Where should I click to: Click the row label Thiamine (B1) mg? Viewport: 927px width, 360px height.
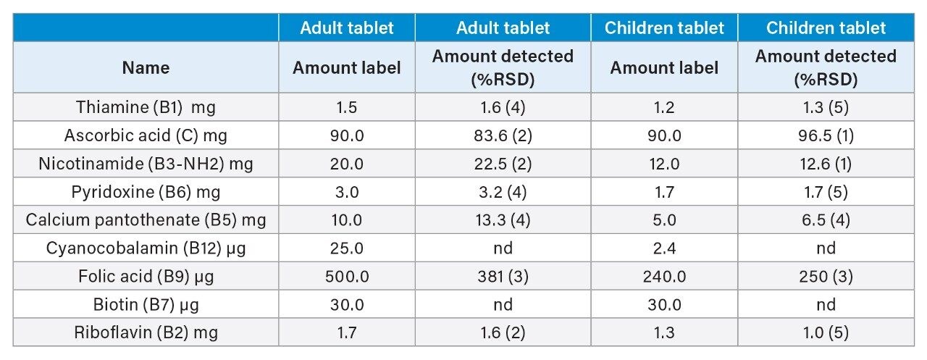click(146, 107)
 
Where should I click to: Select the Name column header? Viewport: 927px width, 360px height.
click(146, 68)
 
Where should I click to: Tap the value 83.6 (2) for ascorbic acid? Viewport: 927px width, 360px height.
click(503, 135)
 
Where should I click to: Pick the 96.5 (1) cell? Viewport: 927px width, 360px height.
click(826, 135)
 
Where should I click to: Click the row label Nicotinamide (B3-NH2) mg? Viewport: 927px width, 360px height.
click(146, 164)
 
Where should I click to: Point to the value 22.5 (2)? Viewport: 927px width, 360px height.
click(503, 164)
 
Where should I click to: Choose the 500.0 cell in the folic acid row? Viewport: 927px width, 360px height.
click(347, 277)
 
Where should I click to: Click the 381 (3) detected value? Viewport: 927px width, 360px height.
click(503, 277)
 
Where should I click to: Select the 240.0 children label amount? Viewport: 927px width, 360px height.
click(664, 277)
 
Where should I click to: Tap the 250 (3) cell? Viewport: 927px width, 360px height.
click(826, 277)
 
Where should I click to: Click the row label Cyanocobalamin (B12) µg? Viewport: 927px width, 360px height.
click(146, 248)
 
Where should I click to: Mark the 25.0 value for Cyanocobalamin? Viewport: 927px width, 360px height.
click(347, 248)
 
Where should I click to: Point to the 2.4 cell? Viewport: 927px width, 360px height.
click(664, 248)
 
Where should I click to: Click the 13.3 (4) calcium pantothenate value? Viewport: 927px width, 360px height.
click(503, 220)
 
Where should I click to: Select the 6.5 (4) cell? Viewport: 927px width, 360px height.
click(826, 220)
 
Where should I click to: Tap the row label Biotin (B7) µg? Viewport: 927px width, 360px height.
click(146, 305)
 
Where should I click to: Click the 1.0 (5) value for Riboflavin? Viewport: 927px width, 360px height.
click(826, 333)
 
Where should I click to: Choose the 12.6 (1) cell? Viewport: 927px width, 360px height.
click(826, 164)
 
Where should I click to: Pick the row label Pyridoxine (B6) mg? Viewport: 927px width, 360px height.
click(146, 192)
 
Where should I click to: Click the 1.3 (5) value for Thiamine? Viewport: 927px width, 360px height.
click(826, 107)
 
